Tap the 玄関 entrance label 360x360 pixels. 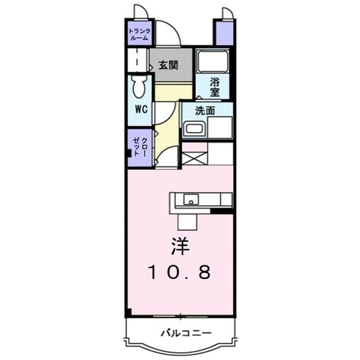[x=168, y=65]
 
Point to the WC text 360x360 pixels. [x=141, y=109]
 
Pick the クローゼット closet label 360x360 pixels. [x=140, y=147]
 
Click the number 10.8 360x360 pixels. [x=180, y=273]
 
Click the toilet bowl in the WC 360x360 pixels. [x=139, y=86]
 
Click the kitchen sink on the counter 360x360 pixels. [x=191, y=199]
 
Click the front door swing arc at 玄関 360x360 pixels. [x=169, y=34]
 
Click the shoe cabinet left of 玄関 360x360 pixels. [x=138, y=60]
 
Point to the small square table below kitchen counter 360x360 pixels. [x=187, y=222]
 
